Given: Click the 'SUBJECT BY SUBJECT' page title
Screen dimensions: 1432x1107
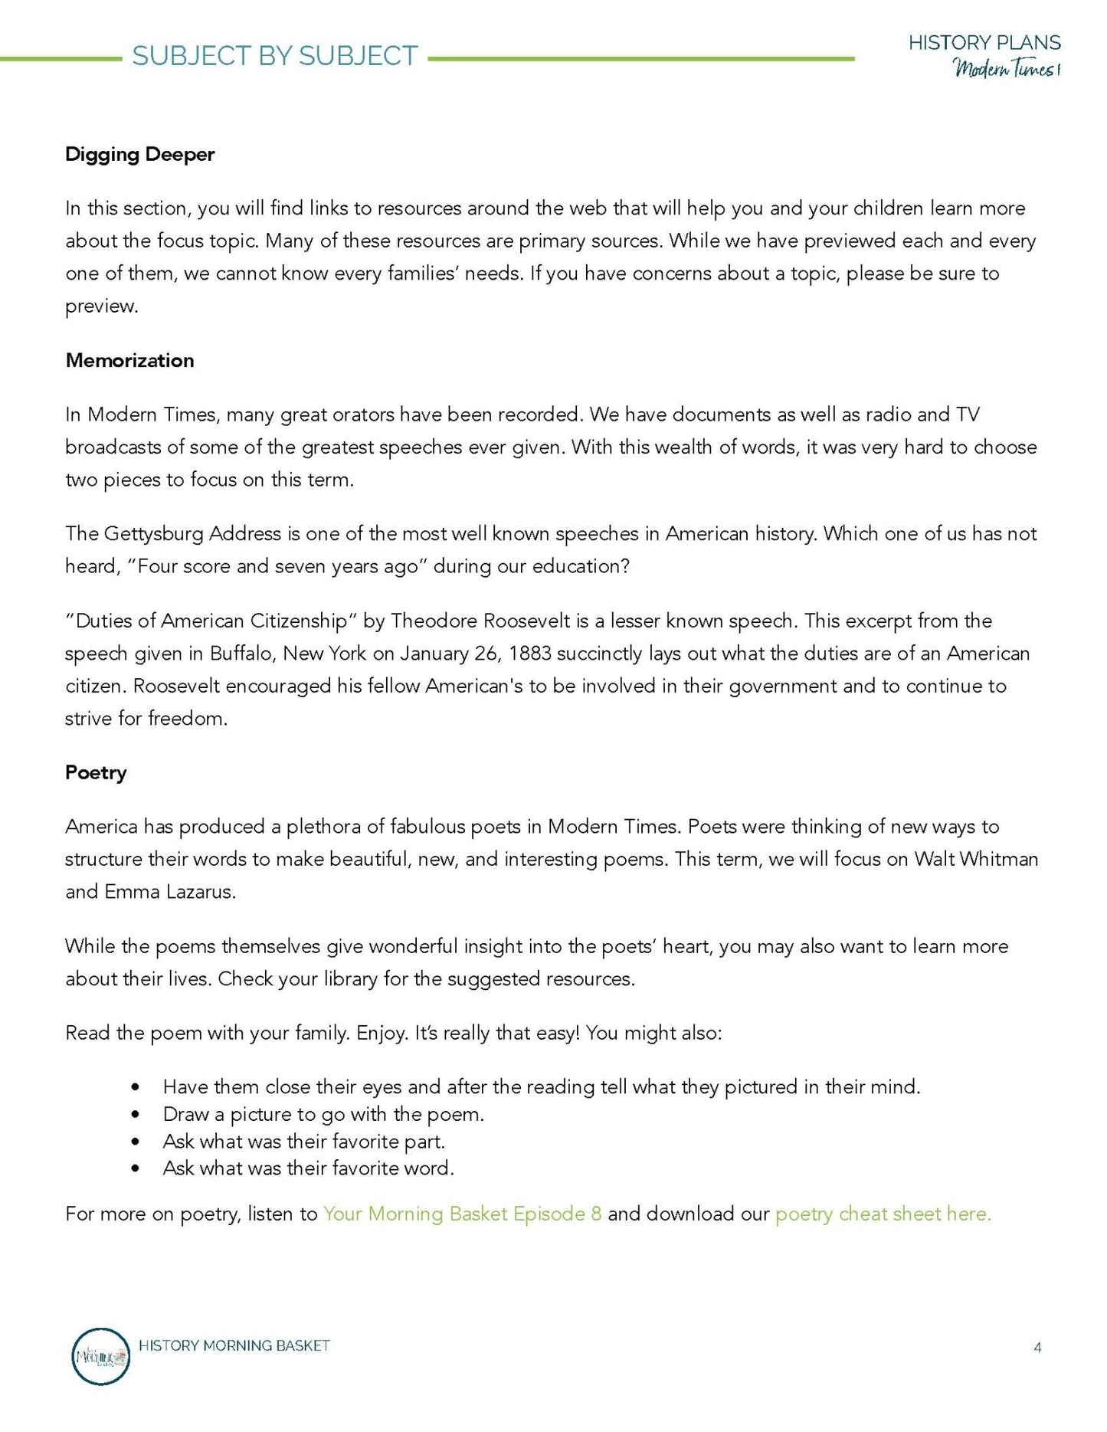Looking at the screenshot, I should [275, 56].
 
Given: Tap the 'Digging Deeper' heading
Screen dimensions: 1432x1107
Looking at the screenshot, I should [139, 154].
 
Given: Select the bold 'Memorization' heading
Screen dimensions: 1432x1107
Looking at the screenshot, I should [129, 360].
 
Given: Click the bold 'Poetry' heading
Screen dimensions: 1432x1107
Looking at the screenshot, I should [96, 772].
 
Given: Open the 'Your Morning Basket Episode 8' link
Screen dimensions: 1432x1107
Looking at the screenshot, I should [462, 1214].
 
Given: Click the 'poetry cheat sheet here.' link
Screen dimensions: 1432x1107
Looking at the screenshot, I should [883, 1214].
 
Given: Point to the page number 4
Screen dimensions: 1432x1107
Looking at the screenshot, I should [1037, 1347].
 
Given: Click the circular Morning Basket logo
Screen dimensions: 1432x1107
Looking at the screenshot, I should [100, 1356].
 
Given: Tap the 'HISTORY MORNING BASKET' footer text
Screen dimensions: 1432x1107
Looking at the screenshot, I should [234, 1345].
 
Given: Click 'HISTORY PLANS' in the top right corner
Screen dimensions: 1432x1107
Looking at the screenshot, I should [984, 43].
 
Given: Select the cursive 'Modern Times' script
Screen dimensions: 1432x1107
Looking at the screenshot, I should [1005, 69].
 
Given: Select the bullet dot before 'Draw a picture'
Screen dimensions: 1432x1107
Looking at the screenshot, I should [136, 1115].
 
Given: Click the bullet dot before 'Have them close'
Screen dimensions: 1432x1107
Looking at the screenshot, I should [136, 1087].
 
